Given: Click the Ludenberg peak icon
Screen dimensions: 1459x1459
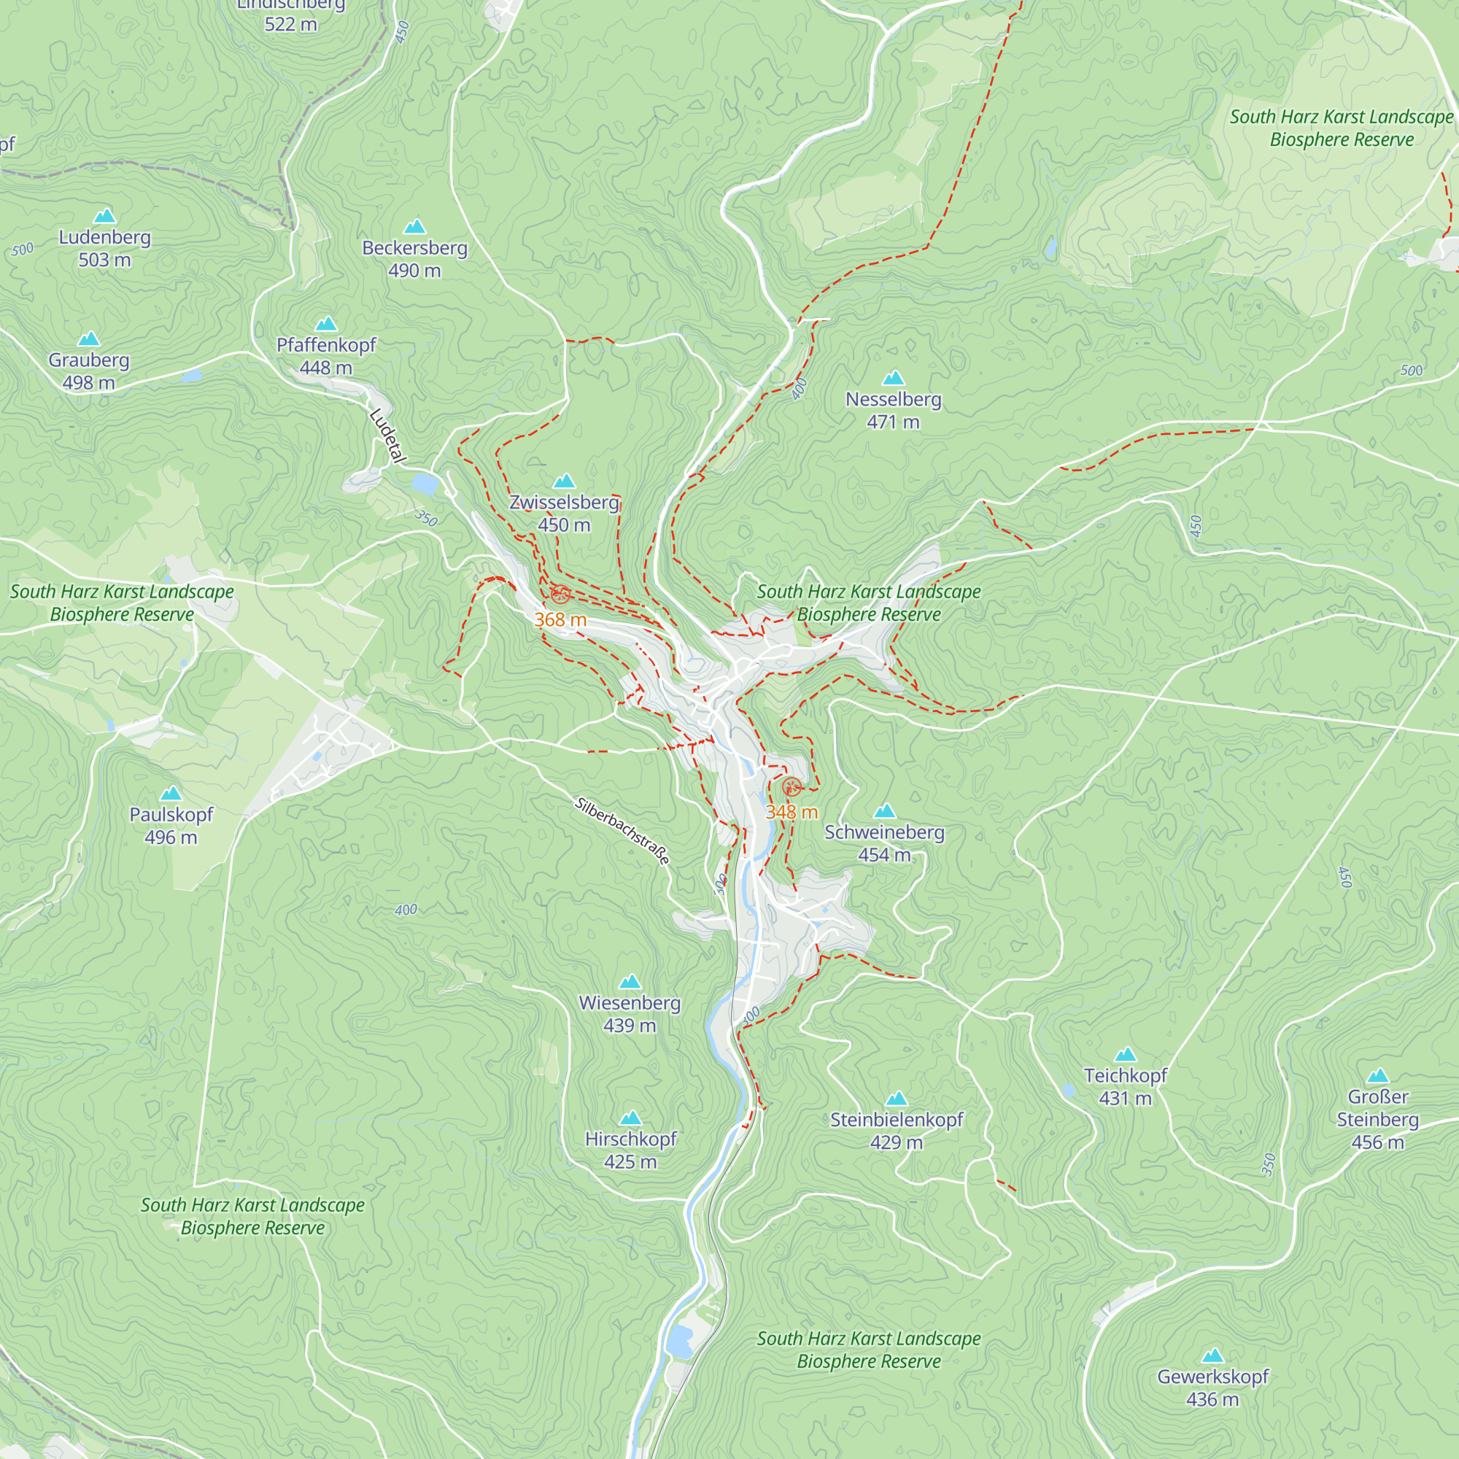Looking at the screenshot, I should point(104,216).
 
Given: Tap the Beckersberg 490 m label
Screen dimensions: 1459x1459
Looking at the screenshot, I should point(414,259).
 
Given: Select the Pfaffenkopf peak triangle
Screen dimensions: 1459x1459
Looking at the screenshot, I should point(325,324).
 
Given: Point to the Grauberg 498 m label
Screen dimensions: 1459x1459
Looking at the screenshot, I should point(89,371).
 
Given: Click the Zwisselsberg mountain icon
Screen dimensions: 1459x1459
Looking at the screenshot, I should point(564,481).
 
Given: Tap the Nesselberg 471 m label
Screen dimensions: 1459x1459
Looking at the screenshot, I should point(894,410).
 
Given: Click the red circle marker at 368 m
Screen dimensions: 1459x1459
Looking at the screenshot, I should point(560,595).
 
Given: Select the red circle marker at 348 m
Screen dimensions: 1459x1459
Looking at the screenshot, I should point(792,787).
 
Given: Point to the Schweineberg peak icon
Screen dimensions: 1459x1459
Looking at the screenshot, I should point(884,812).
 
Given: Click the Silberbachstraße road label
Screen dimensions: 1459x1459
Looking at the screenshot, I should point(622,831).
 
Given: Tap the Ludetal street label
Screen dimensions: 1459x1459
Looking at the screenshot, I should point(388,436).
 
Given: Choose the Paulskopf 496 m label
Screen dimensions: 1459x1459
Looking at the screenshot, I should point(171,825).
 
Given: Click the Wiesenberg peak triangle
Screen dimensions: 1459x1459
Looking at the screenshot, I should point(630,983).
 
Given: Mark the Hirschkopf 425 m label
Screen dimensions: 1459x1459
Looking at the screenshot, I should point(630,1150).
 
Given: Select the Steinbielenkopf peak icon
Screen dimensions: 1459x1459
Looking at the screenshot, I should point(897,1099).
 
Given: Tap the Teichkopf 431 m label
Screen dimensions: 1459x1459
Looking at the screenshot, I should point(1125,1086).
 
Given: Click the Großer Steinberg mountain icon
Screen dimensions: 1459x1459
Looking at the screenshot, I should point(1377,1076).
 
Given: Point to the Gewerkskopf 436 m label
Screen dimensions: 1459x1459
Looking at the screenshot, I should point(1213,1388).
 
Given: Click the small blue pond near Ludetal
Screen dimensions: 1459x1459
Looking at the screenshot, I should point(425,484).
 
